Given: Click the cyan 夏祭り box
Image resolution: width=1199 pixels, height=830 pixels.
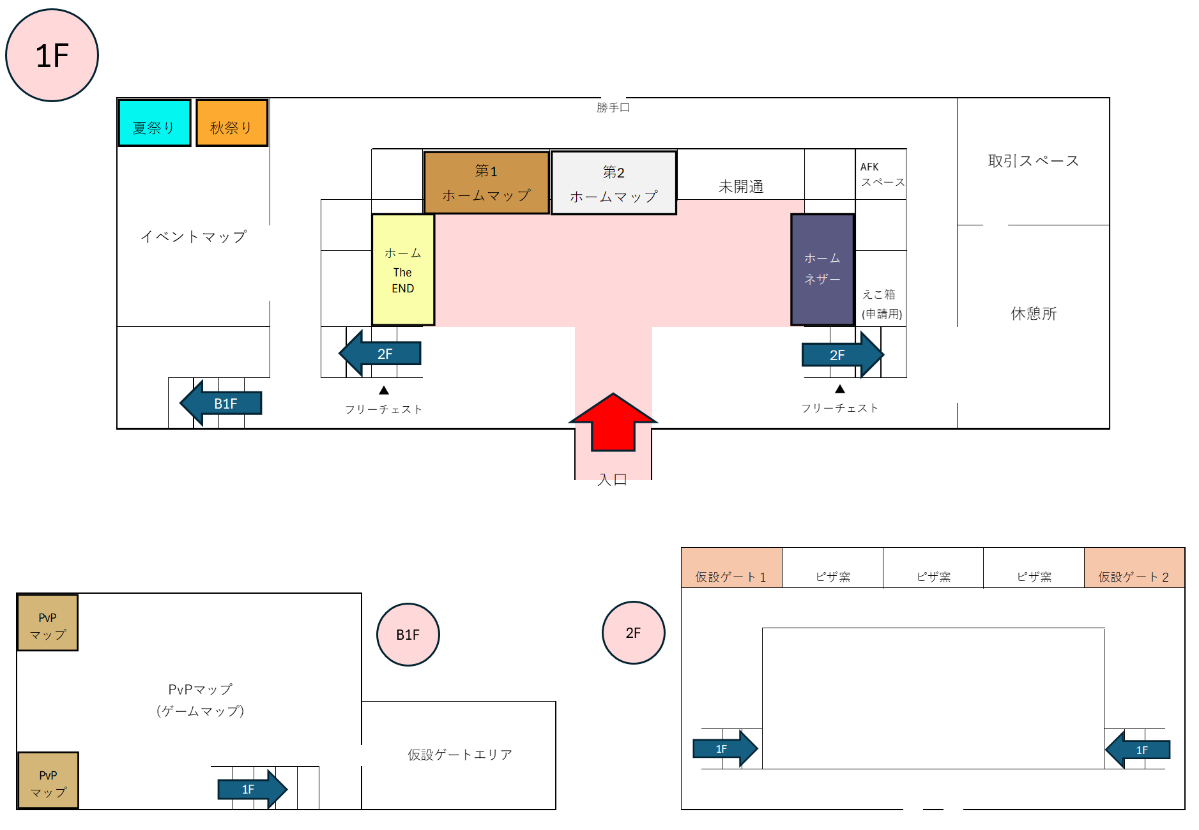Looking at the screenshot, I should (x=155, y=123).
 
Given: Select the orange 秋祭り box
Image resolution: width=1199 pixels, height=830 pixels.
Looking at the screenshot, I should (x=232, y=123).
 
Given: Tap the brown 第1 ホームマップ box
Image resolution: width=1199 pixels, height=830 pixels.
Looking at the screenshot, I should (x=486, y=183).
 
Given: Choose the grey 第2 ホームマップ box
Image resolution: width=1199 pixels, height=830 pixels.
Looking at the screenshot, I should (x=613, y=183).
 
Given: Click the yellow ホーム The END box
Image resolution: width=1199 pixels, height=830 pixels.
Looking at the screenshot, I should (x=403, y=270).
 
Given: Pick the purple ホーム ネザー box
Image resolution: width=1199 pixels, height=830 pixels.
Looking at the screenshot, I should (x=822, y=269).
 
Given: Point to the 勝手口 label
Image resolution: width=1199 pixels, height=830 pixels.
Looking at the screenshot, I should (x=613, y=108).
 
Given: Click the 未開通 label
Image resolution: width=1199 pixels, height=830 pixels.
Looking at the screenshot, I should (x=741, y=186).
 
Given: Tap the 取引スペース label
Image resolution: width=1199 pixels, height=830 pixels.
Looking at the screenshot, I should (x=1033, y=161).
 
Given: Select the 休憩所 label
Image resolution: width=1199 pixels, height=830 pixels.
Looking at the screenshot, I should (x=1033, y=313).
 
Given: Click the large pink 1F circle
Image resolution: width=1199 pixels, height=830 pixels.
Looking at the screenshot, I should (x=52, y=56).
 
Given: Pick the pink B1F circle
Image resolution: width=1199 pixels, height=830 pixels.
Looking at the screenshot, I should (x=408, y=635).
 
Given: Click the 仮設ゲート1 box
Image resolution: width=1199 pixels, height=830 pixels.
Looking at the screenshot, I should (x=731, y=568).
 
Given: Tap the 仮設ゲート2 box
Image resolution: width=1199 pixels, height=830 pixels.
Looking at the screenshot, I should (x=1134, y=568).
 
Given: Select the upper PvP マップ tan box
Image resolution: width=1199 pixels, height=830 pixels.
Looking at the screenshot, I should (x=48, y=623).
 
